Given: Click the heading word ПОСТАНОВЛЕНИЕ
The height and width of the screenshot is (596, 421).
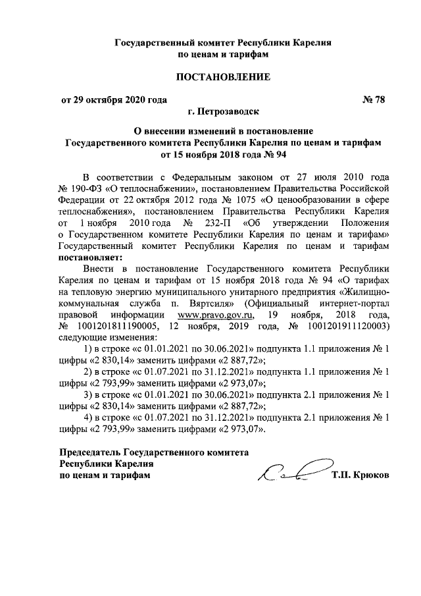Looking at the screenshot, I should [222, 77].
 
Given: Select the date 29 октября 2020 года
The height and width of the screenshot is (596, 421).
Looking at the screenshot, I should [114, 100].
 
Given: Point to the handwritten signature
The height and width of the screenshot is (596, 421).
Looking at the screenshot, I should [289, 473].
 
